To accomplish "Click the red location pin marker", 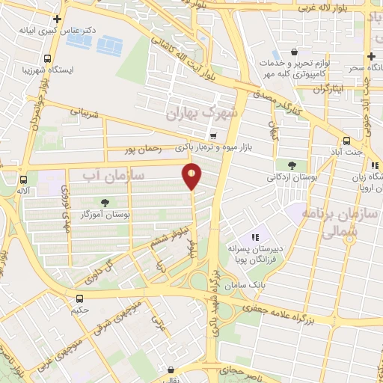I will tap(193, 176).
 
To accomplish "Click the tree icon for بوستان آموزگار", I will tap(104, 202).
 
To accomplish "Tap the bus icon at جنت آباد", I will tap(346, 141).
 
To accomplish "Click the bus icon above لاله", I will tap(24, 180).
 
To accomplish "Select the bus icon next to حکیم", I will tap(79, 297).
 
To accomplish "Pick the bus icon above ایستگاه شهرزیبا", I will tap(48, 58).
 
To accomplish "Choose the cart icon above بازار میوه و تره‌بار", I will tap(214, 136).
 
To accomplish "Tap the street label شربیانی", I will tap(84, 114).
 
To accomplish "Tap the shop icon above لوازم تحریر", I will tap(295, 52).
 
